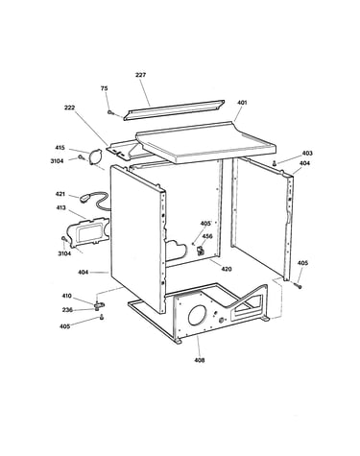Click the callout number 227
[x=140, y=75]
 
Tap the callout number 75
[x=105, y=88]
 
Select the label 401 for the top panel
[x=242, y=103]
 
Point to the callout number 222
[x=69, y=108]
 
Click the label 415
[x=60, y=148]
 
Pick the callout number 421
[x=60, y=194]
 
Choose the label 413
[x=60, y=207]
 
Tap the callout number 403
[x=307, y=153]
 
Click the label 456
[x=207, y=236]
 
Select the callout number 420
[x=227, y=269]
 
